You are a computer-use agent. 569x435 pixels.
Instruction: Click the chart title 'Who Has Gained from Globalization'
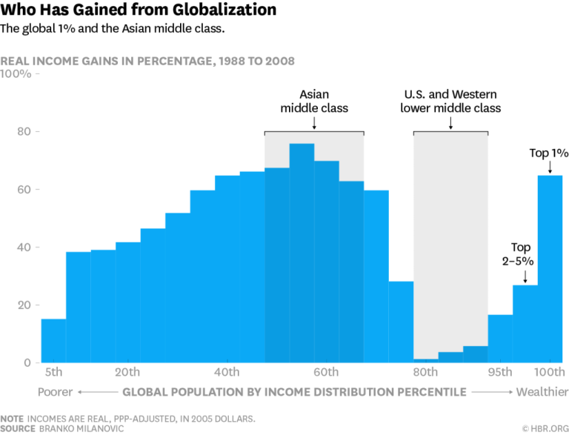coord(139,10)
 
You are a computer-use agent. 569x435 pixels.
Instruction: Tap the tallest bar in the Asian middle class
coord(302,253)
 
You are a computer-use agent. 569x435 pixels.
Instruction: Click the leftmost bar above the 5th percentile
coord(53,340)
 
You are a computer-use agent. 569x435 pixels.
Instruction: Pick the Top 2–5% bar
coord(525,324)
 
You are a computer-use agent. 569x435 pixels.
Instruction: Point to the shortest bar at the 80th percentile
coord(425,360)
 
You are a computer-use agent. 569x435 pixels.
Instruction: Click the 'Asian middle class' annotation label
coord(313,102)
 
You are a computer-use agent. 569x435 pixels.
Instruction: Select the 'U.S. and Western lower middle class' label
coord(450,102)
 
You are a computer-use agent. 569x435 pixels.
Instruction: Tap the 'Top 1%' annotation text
coord(549,153)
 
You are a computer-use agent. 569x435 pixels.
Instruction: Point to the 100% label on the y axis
coord(16,74)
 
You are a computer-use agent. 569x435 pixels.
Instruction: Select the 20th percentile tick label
coord(127,372)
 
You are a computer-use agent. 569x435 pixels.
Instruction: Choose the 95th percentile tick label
coord(500,372)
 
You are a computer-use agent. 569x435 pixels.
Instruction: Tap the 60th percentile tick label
coord(326,372)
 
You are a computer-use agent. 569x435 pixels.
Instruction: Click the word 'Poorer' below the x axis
coord(56,391)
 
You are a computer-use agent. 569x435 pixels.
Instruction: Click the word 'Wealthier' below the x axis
coord(542,391)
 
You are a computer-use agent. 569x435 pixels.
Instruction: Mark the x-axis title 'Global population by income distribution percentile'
coord(294,391)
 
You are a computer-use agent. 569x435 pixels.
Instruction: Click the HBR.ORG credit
coord(545,428)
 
